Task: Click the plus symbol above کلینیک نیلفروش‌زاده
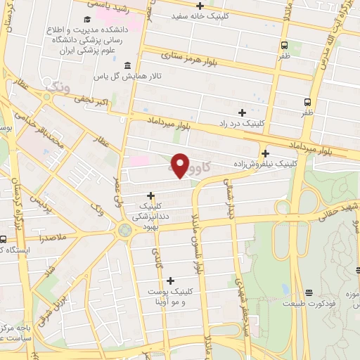click(265, 154)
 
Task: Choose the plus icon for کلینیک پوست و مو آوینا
click(169, 280)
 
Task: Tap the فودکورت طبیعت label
click(309, 304)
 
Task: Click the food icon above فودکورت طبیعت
click(309, 292)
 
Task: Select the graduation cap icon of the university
click(86, 20)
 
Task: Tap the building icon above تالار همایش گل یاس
click(127, 66)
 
